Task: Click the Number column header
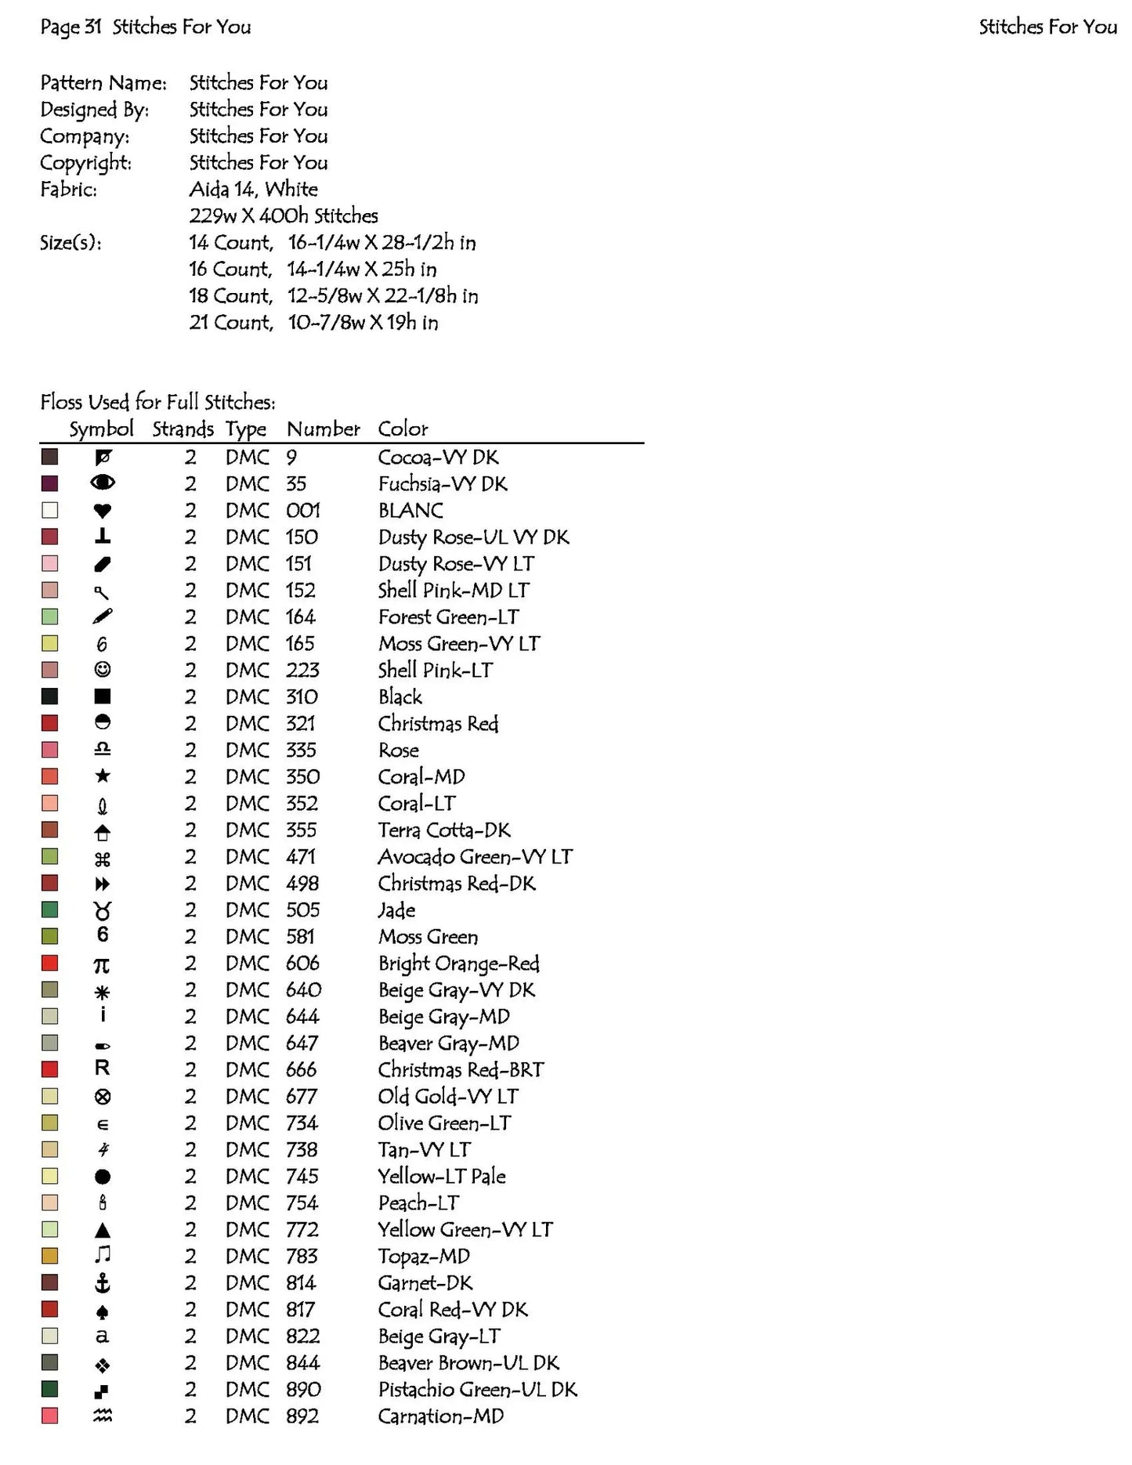tap(323, 429)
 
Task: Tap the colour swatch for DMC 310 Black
tap(49, 696)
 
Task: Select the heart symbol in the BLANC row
tap(102, 511)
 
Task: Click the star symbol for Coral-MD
tap(102, 776)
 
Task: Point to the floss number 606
tap(302, 963)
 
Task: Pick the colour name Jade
tap(396, 910)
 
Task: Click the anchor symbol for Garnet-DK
tap(102, 1282)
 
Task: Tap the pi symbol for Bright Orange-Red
tap(102, 964)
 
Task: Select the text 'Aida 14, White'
tap(253, 190)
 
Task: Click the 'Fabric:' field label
tap(69, 190)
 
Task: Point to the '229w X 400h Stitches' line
tap(284, 216)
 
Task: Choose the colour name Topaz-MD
tap(424, 1257)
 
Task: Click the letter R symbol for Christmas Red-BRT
tap(102, 1069)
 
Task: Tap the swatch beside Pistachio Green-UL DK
tap(49, 1389)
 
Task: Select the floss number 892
tap(302, 1416)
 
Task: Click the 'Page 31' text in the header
tap(71, 27)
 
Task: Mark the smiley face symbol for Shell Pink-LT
tap(102, 670)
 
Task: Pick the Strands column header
tap(183, 429)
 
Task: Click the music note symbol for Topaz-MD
tap(102, 1255)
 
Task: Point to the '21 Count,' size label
tap(231, 323)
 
